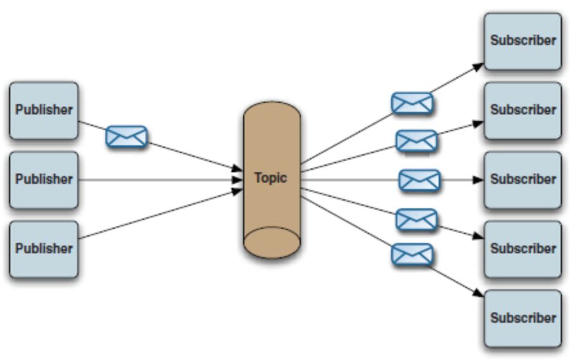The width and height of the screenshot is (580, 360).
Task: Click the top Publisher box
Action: (x=44, y=110)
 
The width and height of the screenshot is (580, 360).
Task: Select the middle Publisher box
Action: (x=44, y=179)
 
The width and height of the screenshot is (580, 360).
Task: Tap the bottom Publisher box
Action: (x=44, y=249)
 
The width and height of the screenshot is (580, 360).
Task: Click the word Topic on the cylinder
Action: (x=271, y=177)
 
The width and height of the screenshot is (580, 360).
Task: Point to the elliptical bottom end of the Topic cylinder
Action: (x=271, y=243)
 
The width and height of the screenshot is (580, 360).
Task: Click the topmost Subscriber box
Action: (x=523, y=40)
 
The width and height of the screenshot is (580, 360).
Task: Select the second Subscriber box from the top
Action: (x=523, y=110)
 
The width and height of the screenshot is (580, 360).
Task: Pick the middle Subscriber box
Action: (x=523, y=179)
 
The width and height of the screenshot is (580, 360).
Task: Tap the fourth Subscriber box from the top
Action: (x=523, y=249)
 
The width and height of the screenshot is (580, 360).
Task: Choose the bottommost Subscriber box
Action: (x=523, y=318)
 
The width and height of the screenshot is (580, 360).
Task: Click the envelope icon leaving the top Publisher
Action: (x=127, y=137)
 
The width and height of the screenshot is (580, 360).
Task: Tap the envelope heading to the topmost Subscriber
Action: (x=412, y=103)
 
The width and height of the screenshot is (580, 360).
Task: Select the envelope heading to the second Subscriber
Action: (x=417, y=140)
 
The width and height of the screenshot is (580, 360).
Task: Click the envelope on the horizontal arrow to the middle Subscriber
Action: (x=420, y=180)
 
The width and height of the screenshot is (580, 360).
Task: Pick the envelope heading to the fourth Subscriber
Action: (x=416, y=220)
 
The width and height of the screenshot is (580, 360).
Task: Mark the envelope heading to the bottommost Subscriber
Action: (x=412, y=255)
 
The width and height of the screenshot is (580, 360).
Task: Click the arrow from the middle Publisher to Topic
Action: (x=161, y=179)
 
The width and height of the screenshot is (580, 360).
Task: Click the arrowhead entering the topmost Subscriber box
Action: (x=478, y=65)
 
